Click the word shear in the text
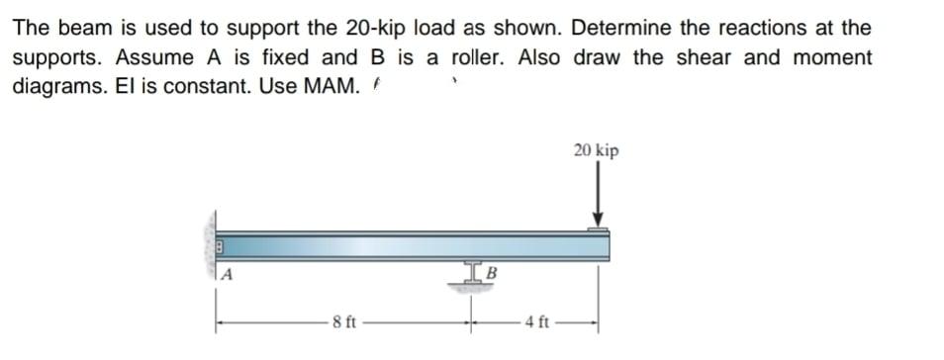pyautogui.click(x=704, y=57)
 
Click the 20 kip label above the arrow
pyautogui.click(x=596, y=150)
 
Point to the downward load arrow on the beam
pyautogui.click(x=597, y=197)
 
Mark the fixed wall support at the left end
pyautogui.click(x=211, y=247)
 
